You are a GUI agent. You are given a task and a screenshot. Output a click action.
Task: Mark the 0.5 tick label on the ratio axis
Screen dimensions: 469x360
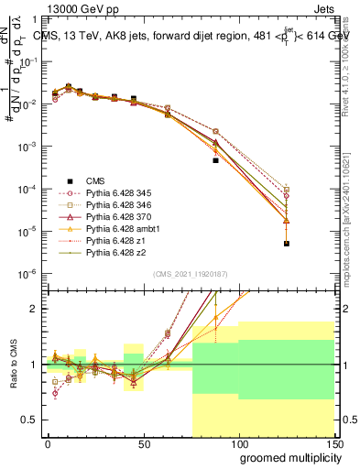click(x=28, y=420)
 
